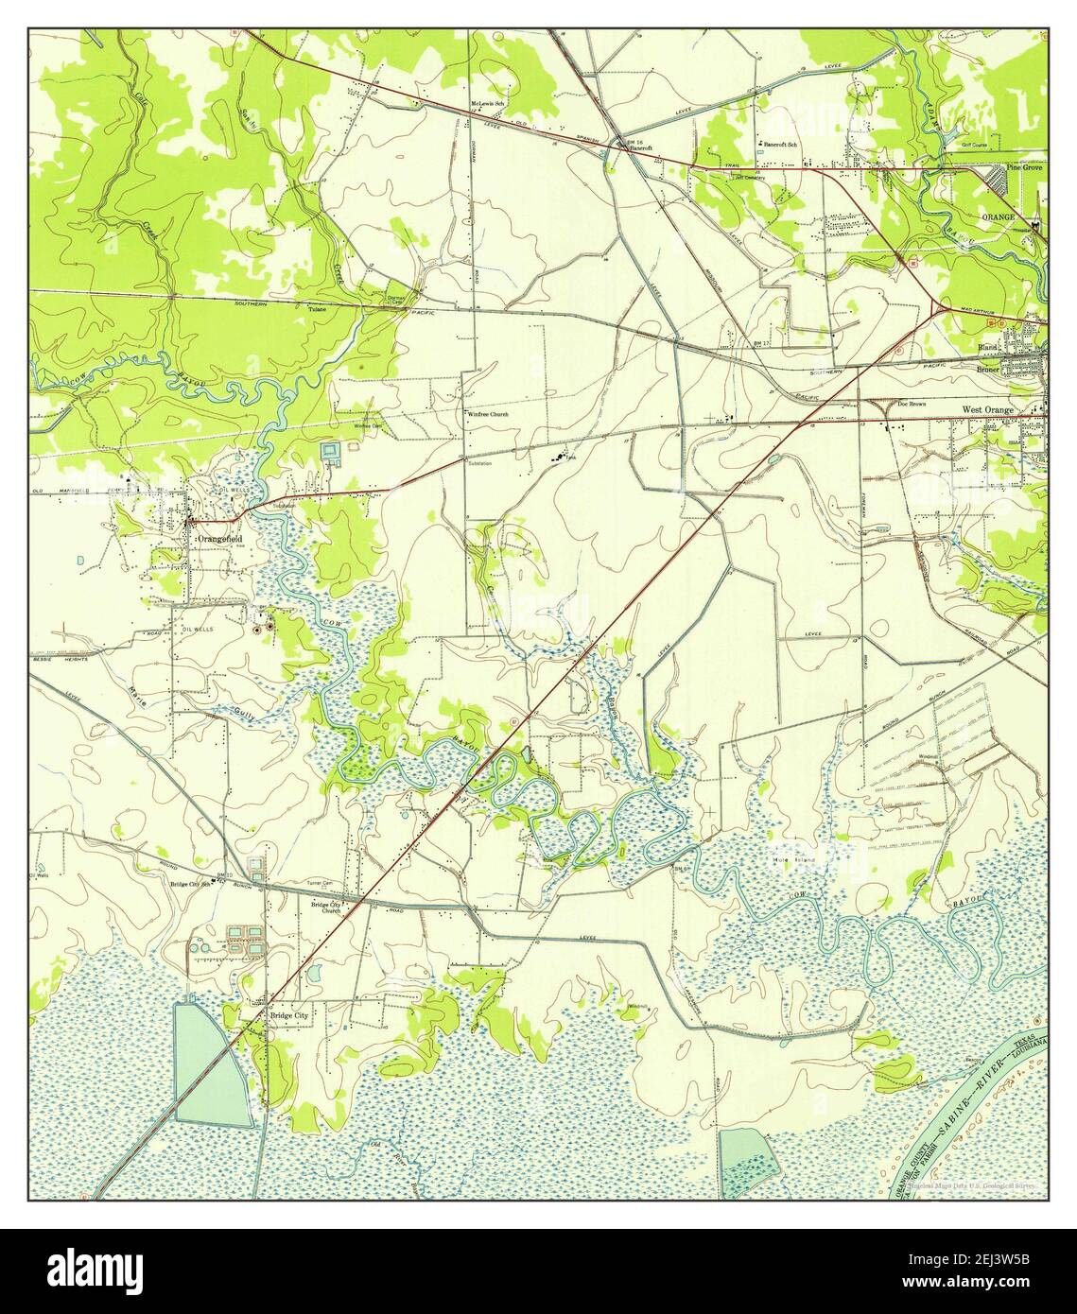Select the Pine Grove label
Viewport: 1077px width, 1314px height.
tap(1025, 167)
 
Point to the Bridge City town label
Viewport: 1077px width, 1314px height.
tap(288, 1015)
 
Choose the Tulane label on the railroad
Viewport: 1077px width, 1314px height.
tap(317, 308)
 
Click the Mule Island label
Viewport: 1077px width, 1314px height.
tap(792, 859)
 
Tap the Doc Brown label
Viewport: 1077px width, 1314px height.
tap(911, 404)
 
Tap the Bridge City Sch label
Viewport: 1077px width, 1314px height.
tap(190, 884)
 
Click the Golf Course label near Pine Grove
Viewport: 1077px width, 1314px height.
tap(974, 146)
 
